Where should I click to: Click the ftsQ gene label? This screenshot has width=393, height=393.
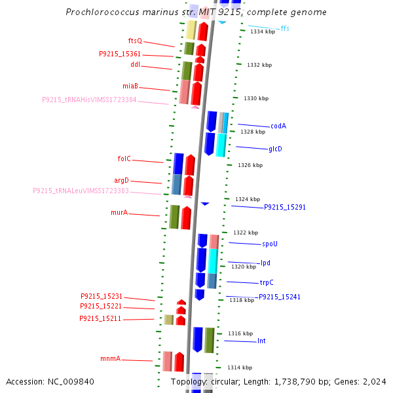(x=135, y=41)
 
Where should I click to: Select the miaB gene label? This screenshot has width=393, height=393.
(x=130, y=86)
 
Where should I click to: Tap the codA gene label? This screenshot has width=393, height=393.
(x=278, y=126)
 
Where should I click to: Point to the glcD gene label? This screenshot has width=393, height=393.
(x=275, y=149)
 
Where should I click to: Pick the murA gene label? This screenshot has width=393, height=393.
(x=119, y=213)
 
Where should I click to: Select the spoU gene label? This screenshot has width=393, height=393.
(x=270, y=244)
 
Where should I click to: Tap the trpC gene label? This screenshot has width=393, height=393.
(x=267, y=283)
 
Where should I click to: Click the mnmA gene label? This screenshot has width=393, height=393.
(x=110, y=359)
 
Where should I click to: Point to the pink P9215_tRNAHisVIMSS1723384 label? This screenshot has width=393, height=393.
(x=89, y=100)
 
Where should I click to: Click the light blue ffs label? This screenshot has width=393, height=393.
(x=285, y=29)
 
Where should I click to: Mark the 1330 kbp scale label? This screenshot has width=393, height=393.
(x=256, y=98)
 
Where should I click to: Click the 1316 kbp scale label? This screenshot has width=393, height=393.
(x=239, y=333)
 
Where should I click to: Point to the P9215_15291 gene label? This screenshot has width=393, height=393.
(x=285, y=207)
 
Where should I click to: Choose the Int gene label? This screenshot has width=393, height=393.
(x=261, y=341)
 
